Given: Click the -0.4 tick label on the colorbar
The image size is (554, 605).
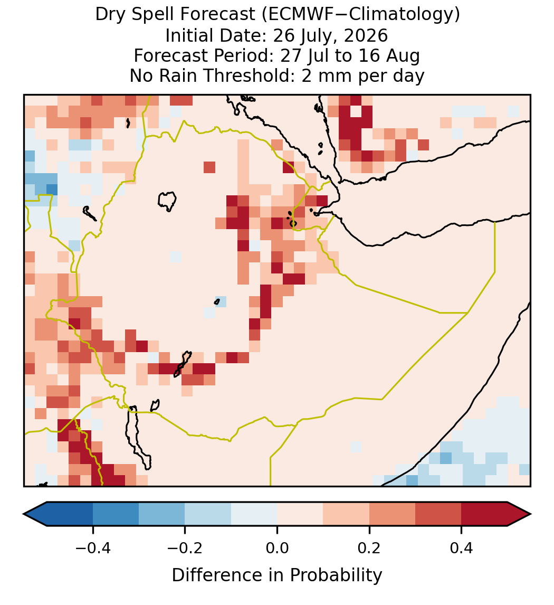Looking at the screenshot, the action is pyautogui.click(x=92, y=547).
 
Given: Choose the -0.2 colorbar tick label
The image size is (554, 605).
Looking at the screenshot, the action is pyautogui.click(x=185, y=547).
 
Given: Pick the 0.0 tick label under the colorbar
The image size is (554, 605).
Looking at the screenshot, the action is pyautogui.click(x=277, y=547).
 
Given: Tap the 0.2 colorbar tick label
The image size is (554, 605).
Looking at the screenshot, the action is pyautogui.click(x=369, y=547).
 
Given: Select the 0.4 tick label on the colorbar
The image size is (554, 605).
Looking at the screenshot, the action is pyautogui.click(x=462, y=547).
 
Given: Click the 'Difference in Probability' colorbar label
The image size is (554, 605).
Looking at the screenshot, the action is pyautogui.click(x=277, y=575).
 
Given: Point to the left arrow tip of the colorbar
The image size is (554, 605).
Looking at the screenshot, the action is pyautogui.click(x=24, y=514).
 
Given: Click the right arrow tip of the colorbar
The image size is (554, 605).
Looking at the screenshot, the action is pyautogui.click(x=530, y=514).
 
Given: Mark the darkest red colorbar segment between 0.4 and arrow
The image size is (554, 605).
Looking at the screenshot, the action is pyautogui.click(x=484, y=514).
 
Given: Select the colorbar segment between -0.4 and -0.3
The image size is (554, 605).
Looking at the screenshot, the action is pyautogui.click(x=116, y=514).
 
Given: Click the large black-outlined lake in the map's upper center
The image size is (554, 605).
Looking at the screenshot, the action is pyautogui.click(x=167, y=201).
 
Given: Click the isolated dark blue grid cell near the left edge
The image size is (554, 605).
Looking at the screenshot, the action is pyautogui.click(x=52, y=190).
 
